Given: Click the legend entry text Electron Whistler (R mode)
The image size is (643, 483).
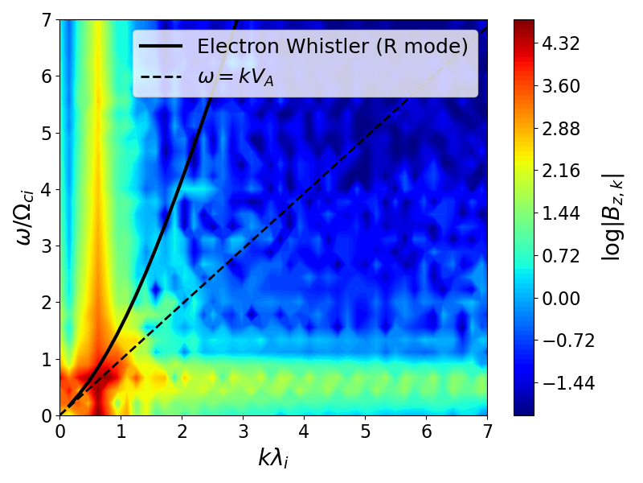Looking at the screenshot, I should pyautogui.click(x=332, y=46).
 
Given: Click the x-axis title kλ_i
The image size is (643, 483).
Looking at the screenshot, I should pyautogui.click(x=273, y=459).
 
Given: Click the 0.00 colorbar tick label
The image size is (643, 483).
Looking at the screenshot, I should pyautogui.click(x=559, y=299).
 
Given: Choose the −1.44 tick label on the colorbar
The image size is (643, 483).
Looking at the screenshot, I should pyautogui.click(x=554, y=383).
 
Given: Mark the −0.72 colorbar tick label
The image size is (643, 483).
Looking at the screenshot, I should pyautogui.click(x=554, y=341).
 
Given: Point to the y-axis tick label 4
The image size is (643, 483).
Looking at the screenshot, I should pyautogui.click(x=47, y=190).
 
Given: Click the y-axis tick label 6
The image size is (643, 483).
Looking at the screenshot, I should pyautogui.click(x=47, y=76).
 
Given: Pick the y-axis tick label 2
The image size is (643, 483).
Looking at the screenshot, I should pyautogui.click(x=47, y=303).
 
